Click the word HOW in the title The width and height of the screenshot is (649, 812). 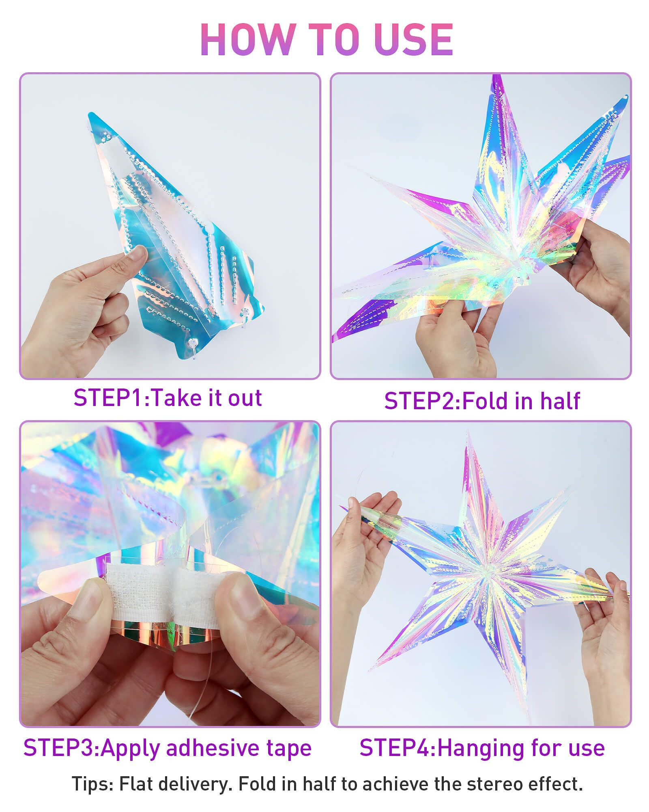click(247, 39)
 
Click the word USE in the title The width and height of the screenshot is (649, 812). click(413, 39)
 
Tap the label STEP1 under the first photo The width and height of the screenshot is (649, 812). click(109, 397)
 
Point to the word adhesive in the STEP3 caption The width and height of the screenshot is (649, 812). click(213, 748)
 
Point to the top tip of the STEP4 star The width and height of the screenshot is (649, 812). click(467, 432)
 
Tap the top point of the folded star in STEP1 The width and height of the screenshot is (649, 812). click(90, 114)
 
